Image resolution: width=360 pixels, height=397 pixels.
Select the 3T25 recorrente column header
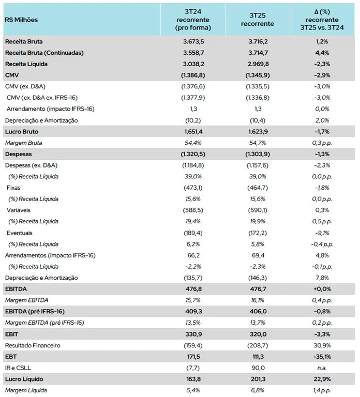pos(258,19)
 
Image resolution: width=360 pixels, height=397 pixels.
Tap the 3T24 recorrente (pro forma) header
pos(192,19)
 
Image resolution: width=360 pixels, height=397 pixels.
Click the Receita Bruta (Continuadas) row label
pos(44,52)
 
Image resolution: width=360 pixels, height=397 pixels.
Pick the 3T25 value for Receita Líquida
pos(258,64)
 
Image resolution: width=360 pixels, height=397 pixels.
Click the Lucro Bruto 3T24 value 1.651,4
pos(192,131)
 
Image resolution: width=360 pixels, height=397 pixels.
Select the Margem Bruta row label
pos(23,143)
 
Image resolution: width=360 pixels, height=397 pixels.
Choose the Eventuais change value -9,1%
pos(322,233)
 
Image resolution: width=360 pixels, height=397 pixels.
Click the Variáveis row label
pos(20,210)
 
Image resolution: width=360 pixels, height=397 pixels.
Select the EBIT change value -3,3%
pos(322,334)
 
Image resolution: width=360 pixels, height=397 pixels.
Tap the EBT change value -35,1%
pos(322,357)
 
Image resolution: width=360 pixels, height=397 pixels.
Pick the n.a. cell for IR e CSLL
pos(322,368)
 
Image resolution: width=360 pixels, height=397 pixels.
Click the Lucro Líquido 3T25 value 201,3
pos(258,379)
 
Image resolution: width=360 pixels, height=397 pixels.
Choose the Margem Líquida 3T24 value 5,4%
pos(192,390)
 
